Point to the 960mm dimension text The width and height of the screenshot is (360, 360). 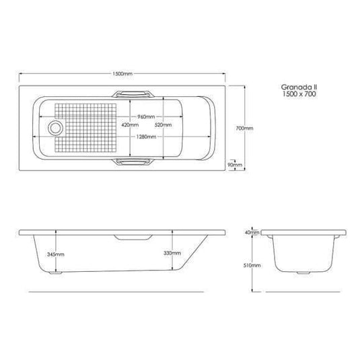(147, 116)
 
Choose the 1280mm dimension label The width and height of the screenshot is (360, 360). (147, 137)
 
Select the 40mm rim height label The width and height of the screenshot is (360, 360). (252, 232)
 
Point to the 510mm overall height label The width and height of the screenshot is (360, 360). (252, 266)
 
